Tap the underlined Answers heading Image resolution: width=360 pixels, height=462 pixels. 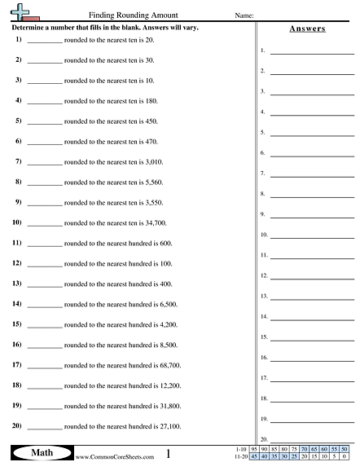307,29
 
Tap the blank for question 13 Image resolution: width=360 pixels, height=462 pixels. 44,284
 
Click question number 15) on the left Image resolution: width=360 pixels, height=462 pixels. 16,324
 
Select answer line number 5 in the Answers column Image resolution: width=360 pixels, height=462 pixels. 312,134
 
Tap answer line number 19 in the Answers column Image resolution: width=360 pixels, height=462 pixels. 312,421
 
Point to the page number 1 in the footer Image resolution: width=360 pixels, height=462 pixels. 168,453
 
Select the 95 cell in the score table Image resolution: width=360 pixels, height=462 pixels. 256,449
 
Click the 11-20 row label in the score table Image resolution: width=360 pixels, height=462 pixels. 238,456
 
